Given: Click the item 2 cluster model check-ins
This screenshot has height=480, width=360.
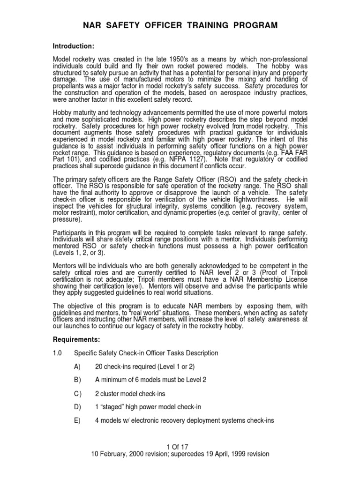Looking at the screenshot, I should click(x=130, y=394).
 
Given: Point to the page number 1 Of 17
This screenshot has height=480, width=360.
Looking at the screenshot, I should click(x=180, y=447).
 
